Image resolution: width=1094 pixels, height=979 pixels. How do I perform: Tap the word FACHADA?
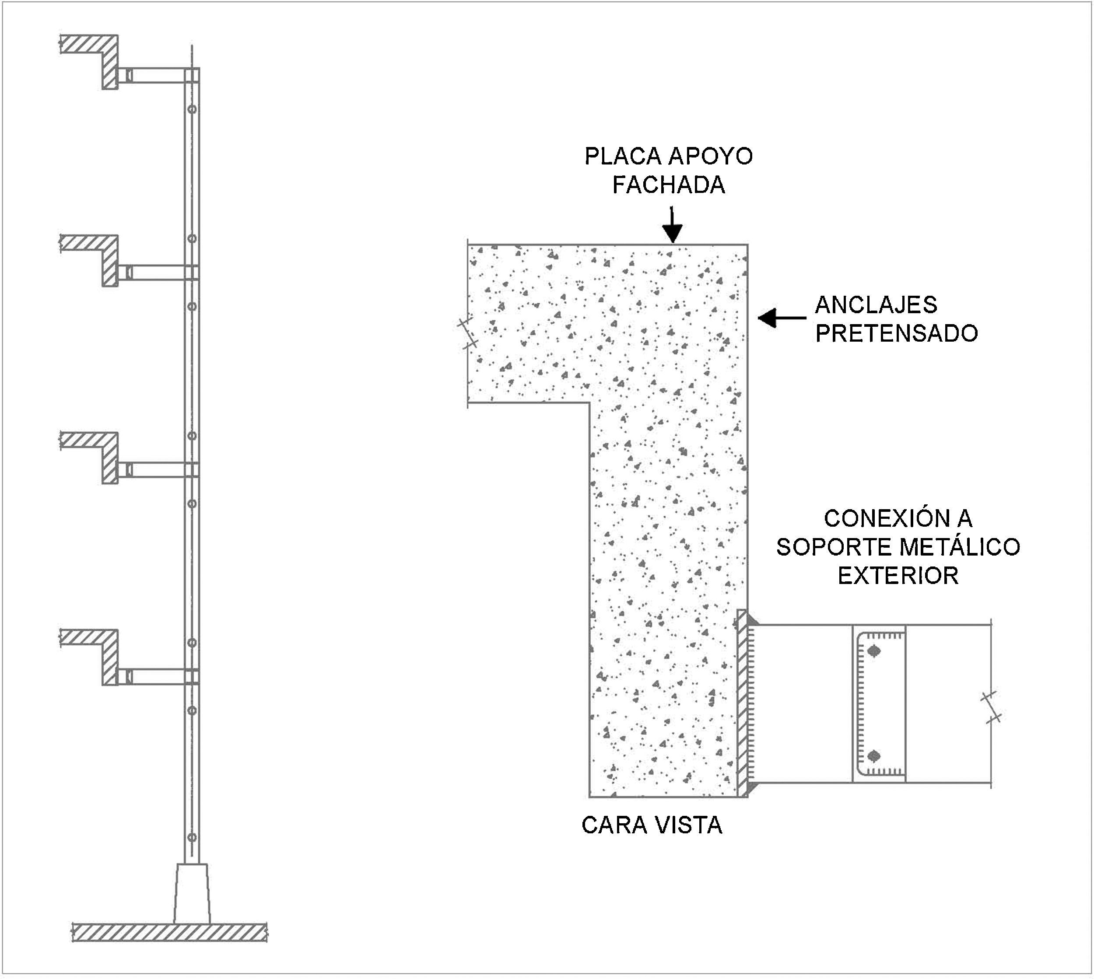(668, 185)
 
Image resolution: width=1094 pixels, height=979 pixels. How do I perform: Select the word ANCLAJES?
(876, 305)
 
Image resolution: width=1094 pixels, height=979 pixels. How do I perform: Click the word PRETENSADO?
(896, 333)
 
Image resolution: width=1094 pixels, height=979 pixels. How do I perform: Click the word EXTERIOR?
(898, 576)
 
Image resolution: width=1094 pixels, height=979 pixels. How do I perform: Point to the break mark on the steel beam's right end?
(991, 707)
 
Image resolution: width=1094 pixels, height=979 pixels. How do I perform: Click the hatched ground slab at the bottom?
(169, 932)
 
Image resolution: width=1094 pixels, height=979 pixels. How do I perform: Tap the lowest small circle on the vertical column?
(192, 838)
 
